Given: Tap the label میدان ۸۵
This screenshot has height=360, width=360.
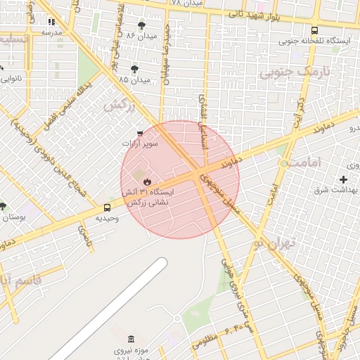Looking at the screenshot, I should [x=134, y=80].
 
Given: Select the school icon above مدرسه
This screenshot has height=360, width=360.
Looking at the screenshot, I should [x=51, y=21].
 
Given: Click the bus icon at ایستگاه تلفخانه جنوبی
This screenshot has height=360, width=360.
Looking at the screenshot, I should [x=314, y=30].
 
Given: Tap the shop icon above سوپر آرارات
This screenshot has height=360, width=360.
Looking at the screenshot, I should [x=139, y=133].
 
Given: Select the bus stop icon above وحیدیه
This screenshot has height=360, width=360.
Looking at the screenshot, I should [x=107, y=207].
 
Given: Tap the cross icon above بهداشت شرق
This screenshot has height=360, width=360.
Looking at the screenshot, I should [x=343, y=180].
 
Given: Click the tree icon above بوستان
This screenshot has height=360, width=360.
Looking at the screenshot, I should [x=4, y=206].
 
